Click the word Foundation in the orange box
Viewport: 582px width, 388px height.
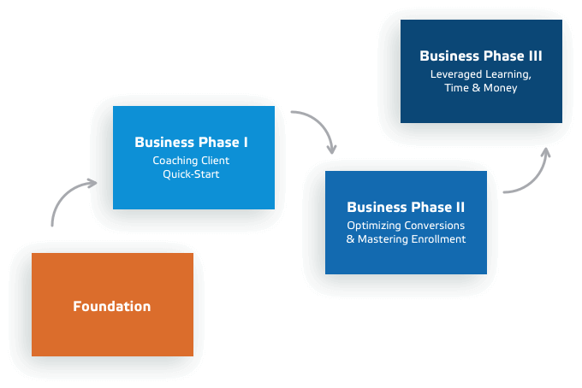click(x=111, y=306)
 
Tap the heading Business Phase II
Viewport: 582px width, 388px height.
click(x=406, y=207)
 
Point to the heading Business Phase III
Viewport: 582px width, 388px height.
click(x=480, y=56)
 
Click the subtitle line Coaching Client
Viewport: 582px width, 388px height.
click(x=191, y=160)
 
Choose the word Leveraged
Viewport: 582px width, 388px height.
click(x=455, y=74)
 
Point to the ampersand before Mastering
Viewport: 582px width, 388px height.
click(x=350, y=239)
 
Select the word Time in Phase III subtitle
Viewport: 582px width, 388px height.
click(x=457, y=88)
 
